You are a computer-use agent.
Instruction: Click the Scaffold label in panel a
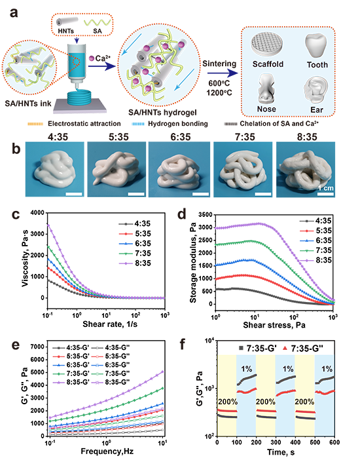coord(268,64)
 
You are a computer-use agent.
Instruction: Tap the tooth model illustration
coord(316,46)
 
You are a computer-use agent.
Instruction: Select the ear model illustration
coord(315,89)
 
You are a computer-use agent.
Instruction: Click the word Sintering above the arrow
coord(219,64)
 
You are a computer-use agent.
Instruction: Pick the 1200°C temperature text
coord(219,92)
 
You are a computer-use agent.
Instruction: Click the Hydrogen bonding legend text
coord(178,124)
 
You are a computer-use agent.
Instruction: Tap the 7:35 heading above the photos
coord(245,137)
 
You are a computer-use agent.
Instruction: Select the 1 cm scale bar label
coord(325,188)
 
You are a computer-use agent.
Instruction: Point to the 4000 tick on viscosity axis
coord(37,213)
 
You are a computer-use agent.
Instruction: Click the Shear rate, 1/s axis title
coord(110,324)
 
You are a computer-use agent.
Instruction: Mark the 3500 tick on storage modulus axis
coord(206,215)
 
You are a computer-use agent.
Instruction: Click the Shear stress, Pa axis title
coord(274,325)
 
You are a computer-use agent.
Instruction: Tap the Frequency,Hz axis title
coord(107,451)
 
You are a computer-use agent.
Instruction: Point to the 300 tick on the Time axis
coord(276,442)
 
